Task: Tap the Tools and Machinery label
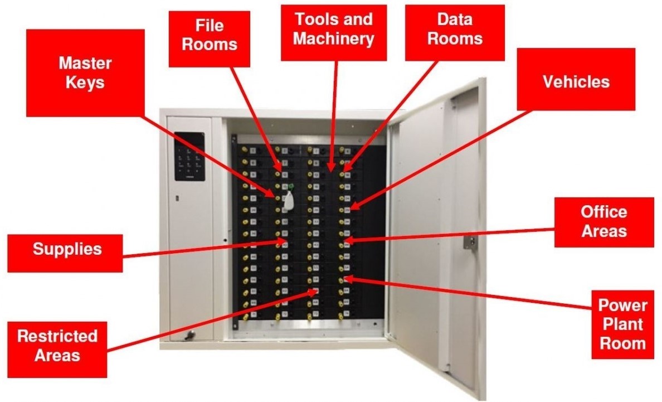pos(333,29)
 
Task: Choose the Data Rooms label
pos(454,29)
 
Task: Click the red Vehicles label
pos(576,82)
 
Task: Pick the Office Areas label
pos(603,221)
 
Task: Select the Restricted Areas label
pos(57,345)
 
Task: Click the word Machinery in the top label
pos(333,39)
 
